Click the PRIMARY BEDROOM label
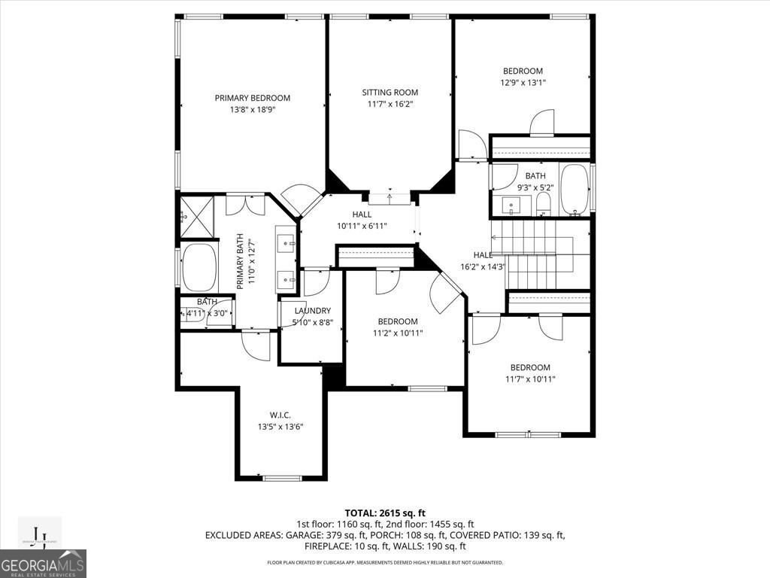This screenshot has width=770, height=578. tap(252, 98)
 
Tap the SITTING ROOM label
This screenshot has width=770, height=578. tap(390, 93)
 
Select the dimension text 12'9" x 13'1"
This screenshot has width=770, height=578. tap(523, 83)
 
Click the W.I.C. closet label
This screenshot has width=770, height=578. tap(280, 415)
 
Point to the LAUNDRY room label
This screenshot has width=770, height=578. tap(312, 311)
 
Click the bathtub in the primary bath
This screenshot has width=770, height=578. tap(199, 266)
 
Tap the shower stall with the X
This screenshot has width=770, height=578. tap(198, 216)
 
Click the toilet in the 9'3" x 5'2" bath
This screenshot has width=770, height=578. tap(544, 203)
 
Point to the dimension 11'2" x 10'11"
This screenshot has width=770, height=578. tap(398, 333)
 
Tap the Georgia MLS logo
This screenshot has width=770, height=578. tap(43, 564)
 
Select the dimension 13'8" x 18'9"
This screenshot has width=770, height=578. tap(252, 110)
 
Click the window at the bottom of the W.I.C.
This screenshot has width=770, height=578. tap(282, 478)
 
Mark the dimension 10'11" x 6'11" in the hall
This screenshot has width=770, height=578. tap(362, 226)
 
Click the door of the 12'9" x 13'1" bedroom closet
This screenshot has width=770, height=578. tap(541, 123)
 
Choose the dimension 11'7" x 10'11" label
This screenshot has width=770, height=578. tap(529, 379)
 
